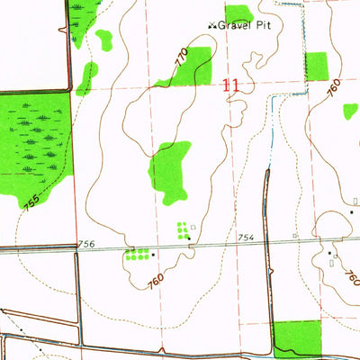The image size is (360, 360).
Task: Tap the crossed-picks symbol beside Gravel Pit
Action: tap(213, 25)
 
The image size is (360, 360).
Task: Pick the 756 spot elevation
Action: tap(85, 244)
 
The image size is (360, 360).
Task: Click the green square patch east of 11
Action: tap(317, 66)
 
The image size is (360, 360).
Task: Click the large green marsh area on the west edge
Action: tap(34, 139)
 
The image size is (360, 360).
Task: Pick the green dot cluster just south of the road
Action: tap(137, 255)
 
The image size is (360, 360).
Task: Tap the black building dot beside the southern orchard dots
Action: tap(153, 255)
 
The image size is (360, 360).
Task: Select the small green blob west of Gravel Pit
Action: tap(104, 40)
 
